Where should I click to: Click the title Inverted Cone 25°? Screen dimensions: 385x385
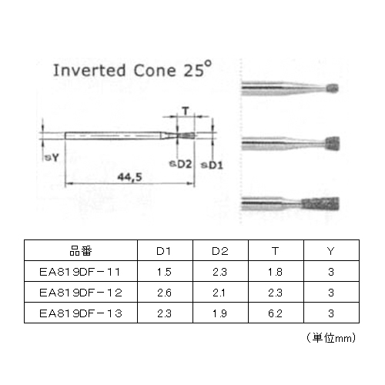pyautogui.click(x=132, y=69)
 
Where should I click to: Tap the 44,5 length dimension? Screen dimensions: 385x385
pyautogui.click(x=129, y=177)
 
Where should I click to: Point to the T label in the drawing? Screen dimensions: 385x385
pyautogui.click(x=186, y=111)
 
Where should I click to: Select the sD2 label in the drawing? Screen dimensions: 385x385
pyautogui.click(x=180, y=164)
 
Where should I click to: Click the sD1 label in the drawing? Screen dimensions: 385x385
pyautogui.click(x=212, y=165)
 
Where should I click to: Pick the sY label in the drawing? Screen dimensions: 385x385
pyautogui.click(x=52, y=157)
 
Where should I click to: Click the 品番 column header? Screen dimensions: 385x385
pyautogui.click(x=81, y=251)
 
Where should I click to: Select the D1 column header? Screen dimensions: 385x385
pyautogui.click(x=164, y=251)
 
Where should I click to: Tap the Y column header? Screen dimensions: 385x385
pyautogui.click(x=331, y=251)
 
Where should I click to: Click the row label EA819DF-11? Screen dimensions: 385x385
pyautogui.click(x=80, y=272)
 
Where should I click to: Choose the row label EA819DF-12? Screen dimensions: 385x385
pyautogui.click(x=81, y=293)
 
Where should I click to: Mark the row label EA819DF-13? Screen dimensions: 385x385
pyautogui.click(x=81, y=313)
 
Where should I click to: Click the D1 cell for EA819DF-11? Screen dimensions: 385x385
pyautogui.click(x=164, y=272)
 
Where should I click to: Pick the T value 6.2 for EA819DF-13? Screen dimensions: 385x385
pyautogui.click(x=276, y=313)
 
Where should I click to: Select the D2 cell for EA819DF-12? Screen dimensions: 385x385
pyautogui.click(x=219, y=293)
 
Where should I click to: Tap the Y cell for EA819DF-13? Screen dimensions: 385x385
pyautogui.click(x=331, y=313)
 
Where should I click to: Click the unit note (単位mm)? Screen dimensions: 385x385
pyautogui.click(x=331, y=338)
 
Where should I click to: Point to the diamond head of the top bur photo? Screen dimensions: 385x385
pyautogui.click(x=333, y=89)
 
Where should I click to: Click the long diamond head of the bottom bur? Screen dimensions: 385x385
pyautogui.click(x=320, y=204)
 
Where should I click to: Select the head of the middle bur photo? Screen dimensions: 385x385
pyautogui.click(x=333, y=144)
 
